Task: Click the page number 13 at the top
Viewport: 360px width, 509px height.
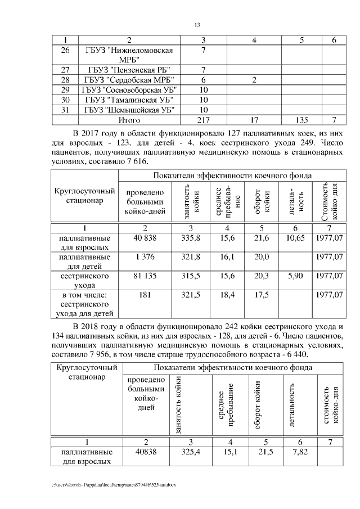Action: pyautogui.click(x=197, y=25)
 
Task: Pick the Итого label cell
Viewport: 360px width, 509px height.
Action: pyautogui.click(x=129, y=120)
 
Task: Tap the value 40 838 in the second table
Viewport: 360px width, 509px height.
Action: pyautogui.click(x=145, y=238)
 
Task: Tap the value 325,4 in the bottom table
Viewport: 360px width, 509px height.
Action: pyautogui.click(x=191, y=452)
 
